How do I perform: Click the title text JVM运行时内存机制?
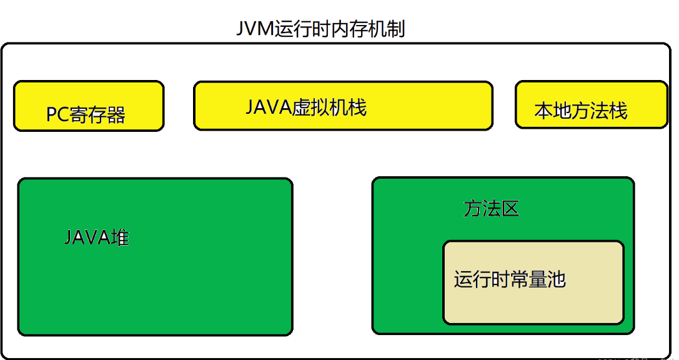point(320,29)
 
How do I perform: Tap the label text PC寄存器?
point(86,114)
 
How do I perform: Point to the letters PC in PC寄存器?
point(57,115)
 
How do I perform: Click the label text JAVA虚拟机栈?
point(305,107)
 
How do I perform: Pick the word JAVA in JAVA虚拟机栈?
point(269,107)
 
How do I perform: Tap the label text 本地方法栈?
point(580,111)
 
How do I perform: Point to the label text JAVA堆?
point(97,238)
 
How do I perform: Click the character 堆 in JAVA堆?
point(120,238)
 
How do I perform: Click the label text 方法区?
point(491,209)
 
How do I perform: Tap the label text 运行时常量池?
point(509,279)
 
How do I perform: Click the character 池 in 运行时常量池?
point(556,279)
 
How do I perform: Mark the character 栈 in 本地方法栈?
point(618,111)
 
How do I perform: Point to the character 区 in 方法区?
point(510,209)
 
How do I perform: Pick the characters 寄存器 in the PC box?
point(98,115)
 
